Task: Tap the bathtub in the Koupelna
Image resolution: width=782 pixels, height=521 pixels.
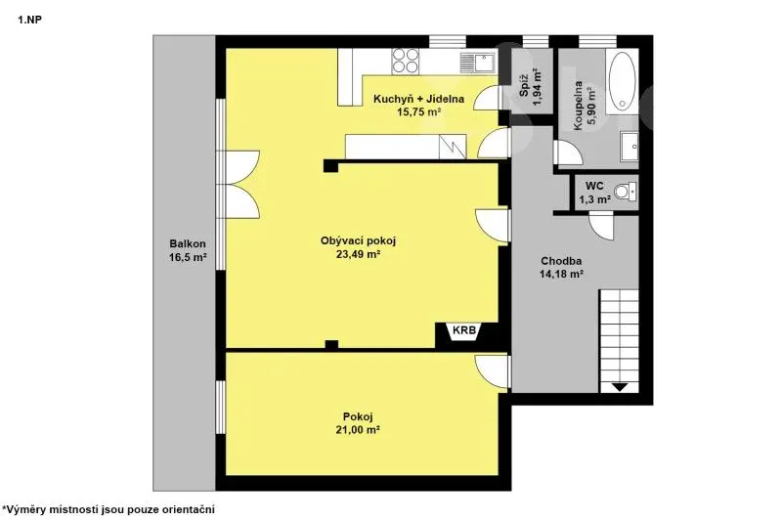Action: click(x=623, y=81)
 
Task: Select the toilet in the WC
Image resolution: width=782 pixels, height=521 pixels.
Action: click(x=626, y=191)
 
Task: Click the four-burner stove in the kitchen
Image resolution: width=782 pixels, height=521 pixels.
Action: click(x=405, y=61)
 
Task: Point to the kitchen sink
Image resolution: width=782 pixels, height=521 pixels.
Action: click(x=477, y=62)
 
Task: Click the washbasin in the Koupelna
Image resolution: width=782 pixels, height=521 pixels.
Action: click(x=630, y=147)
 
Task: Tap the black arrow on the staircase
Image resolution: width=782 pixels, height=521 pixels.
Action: click(x=619, y=386)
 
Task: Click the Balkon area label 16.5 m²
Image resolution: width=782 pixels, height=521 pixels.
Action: click(x=188, y=258)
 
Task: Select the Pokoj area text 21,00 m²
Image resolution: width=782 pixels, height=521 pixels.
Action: click(x=358, y=430)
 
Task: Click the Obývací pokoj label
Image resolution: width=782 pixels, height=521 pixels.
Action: click(x=358, y=241)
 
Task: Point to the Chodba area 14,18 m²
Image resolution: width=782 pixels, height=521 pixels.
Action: click(x=561, y=274)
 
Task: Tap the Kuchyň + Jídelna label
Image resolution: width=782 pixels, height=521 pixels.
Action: click(x=419, y=99)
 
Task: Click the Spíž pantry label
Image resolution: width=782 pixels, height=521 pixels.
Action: click(x=524, y=87)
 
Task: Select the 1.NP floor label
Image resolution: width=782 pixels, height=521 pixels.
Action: click(x=29, y=21)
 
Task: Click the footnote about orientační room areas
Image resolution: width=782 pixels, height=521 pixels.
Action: click(x=109, y=509)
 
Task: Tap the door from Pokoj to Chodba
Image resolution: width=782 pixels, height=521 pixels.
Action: click(x=493, y=369)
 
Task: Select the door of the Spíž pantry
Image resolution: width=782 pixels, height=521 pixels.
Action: click(x=486, y=98)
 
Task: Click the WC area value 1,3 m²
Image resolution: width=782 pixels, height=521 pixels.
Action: click(x=595, y=200)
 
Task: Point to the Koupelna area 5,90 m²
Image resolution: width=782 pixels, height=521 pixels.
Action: click(x=591, y=109)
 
